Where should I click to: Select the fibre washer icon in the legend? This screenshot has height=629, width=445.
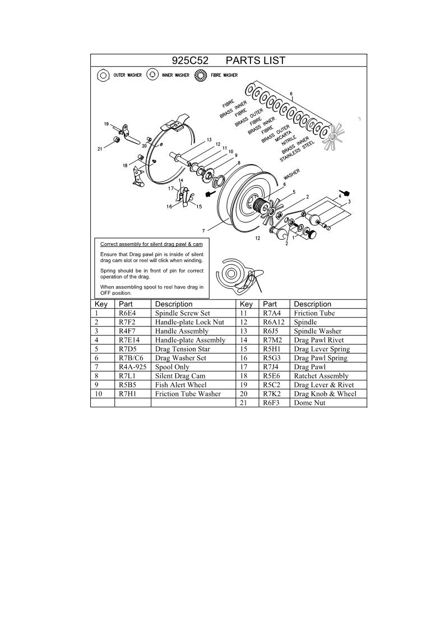coord(201,75)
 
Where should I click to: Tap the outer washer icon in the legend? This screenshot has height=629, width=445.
coord(103,75)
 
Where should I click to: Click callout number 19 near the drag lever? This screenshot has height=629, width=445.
coord(105,123)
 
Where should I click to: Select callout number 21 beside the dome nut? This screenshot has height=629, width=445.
coord(100,148)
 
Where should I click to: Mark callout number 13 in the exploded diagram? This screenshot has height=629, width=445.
coord(208,139)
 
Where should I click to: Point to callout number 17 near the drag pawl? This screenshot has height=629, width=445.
coord(171,189)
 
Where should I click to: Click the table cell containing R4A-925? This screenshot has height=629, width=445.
coord(132,367)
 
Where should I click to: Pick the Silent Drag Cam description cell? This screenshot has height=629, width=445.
coord(177,376)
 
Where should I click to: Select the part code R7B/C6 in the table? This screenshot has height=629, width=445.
coord(132,358)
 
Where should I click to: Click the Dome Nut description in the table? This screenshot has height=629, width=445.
coord(309,403)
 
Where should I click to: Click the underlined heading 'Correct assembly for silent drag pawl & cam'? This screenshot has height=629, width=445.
coord(151,245)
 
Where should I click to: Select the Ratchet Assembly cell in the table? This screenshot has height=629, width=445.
coord(321,376)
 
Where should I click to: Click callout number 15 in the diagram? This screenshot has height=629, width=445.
coord(199,206)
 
